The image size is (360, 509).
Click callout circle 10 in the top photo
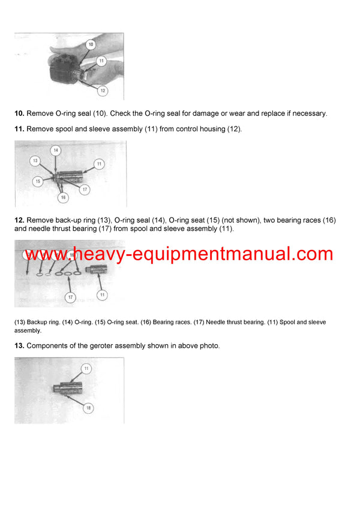pyautogui.click(x=90, y=44)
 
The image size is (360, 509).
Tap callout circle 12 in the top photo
pyautogui.click(x=103, y=91)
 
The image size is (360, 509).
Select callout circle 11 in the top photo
pyautogui.click(x=101, y=61)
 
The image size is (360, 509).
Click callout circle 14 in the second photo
pyautogui.click(x=56, y=150)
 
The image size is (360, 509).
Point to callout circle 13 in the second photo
pyautogui.click(x=35, y=161)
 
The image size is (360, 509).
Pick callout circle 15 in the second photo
pyautogui.click(x=37, y=180)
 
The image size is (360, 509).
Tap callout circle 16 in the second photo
pyautogui.click(x=63, y=197)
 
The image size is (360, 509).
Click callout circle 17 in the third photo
pyautogui.click(x=70, y=297)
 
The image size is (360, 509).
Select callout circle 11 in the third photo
pyautogui.click(x=103, y=294)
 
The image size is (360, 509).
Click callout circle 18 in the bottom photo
pyautogui.click(x=88, y=408)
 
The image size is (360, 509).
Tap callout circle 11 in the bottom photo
pyautogui.click(x=86, y=368)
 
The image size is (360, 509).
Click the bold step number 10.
pyautogui.click(x=19, y=113)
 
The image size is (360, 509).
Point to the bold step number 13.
pyautogui.click(x=19, y=345)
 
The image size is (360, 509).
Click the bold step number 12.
pyautogui.click(x=19, y=221)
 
